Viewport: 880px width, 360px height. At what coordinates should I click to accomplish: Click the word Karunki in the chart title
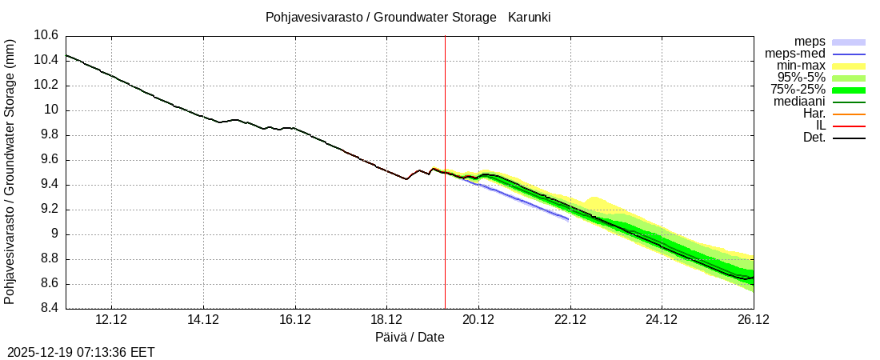(529, 17)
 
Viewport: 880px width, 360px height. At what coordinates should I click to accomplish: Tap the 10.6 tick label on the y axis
(46, 35)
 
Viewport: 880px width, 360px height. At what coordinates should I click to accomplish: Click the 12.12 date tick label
(111, 320)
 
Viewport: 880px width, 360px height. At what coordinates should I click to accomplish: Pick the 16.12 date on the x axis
(295, 320)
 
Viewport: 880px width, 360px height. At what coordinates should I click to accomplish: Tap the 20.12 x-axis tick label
(478, 320)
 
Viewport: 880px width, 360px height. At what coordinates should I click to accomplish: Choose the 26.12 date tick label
(753, 320)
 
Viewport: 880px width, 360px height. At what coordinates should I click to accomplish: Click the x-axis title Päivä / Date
(410, 338)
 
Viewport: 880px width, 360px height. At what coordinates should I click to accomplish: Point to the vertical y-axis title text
(10, 172)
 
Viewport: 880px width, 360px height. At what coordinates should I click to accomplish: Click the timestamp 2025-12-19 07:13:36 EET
(81, 352)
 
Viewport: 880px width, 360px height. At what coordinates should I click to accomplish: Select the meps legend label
(810, 42)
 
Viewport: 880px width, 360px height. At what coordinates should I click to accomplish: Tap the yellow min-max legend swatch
(849, 66)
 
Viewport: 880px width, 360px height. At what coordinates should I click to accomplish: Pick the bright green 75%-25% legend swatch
(849, 90)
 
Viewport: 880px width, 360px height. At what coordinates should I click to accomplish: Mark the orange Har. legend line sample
(849, 114)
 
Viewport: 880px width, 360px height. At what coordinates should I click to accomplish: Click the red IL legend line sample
(849, 126)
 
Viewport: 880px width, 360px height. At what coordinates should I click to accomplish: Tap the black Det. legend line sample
(849, 138)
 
